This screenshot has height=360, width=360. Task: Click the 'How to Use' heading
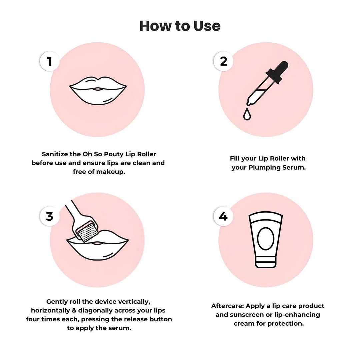click(x=180, y=26)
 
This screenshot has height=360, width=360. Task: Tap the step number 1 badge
click(x=50, y=61)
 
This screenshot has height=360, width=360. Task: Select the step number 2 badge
click(x=223, y=61)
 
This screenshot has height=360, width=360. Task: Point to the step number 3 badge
click(x=50, y=216)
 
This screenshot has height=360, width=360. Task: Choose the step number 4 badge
click(x=223, y=216)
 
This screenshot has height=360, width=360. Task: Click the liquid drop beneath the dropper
click(x=247, y=114)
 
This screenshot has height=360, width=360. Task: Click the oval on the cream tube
click(x=266, y=239)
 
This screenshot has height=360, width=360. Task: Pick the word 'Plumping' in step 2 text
click(x=264, y=167)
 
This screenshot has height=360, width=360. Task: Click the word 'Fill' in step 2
click(x=235, y=158)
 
